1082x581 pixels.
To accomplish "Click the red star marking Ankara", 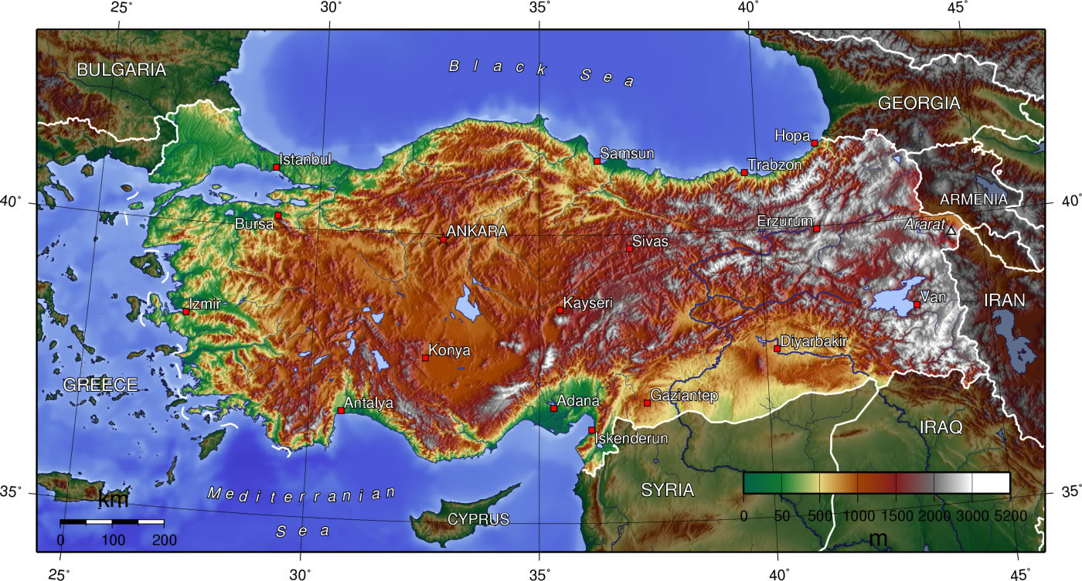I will (443, 240).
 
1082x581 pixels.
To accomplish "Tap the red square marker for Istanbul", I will (276, 167).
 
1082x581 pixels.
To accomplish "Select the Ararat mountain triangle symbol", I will (951, 230).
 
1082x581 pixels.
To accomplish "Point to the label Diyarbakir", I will (814, 341).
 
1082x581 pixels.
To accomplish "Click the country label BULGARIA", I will (121, 70).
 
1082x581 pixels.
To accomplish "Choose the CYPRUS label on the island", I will (478, 519).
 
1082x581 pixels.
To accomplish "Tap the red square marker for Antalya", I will (341, 410).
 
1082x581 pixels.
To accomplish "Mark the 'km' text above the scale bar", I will (113, 500).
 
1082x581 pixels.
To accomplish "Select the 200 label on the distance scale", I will (165, 540).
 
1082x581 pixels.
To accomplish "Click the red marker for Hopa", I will (815, 143).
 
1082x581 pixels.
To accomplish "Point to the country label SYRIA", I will (667, 490).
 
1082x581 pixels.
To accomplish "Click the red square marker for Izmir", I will (186, 311).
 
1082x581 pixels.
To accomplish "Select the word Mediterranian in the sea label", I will (301, 494).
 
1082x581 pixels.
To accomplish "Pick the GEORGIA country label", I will (919, 103).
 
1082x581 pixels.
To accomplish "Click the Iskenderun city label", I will (631, 439).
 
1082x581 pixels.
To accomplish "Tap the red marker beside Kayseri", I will (560, 310).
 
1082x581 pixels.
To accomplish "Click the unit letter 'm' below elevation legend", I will (878, 539).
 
